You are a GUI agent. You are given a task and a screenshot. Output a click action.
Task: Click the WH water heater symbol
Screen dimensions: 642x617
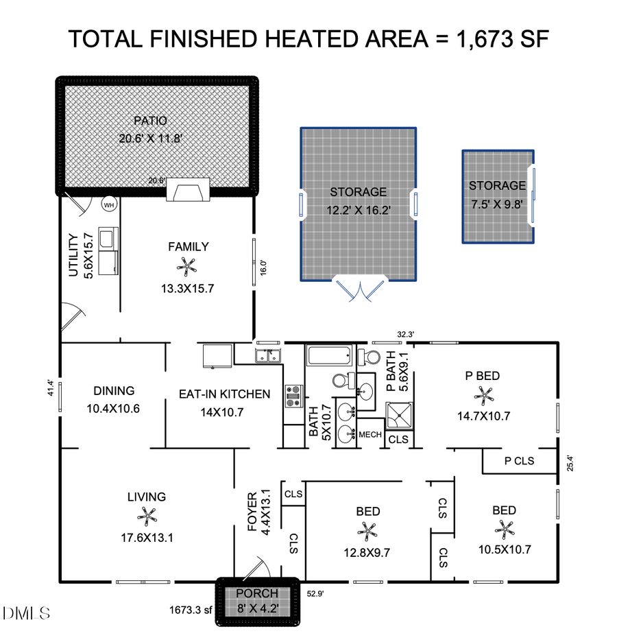109,204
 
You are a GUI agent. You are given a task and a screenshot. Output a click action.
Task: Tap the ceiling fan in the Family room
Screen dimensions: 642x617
187,265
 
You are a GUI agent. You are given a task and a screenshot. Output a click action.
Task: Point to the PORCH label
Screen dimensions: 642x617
257,593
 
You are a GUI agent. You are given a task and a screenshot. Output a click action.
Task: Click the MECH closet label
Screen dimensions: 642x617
370,434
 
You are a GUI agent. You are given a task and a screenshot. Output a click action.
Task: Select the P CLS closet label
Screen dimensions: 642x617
519,461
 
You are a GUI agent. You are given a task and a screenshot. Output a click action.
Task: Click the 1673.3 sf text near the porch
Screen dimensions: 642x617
191,609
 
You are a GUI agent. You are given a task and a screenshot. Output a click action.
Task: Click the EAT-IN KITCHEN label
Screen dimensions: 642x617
224,394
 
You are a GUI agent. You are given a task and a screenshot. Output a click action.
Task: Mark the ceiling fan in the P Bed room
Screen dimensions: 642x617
485,394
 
